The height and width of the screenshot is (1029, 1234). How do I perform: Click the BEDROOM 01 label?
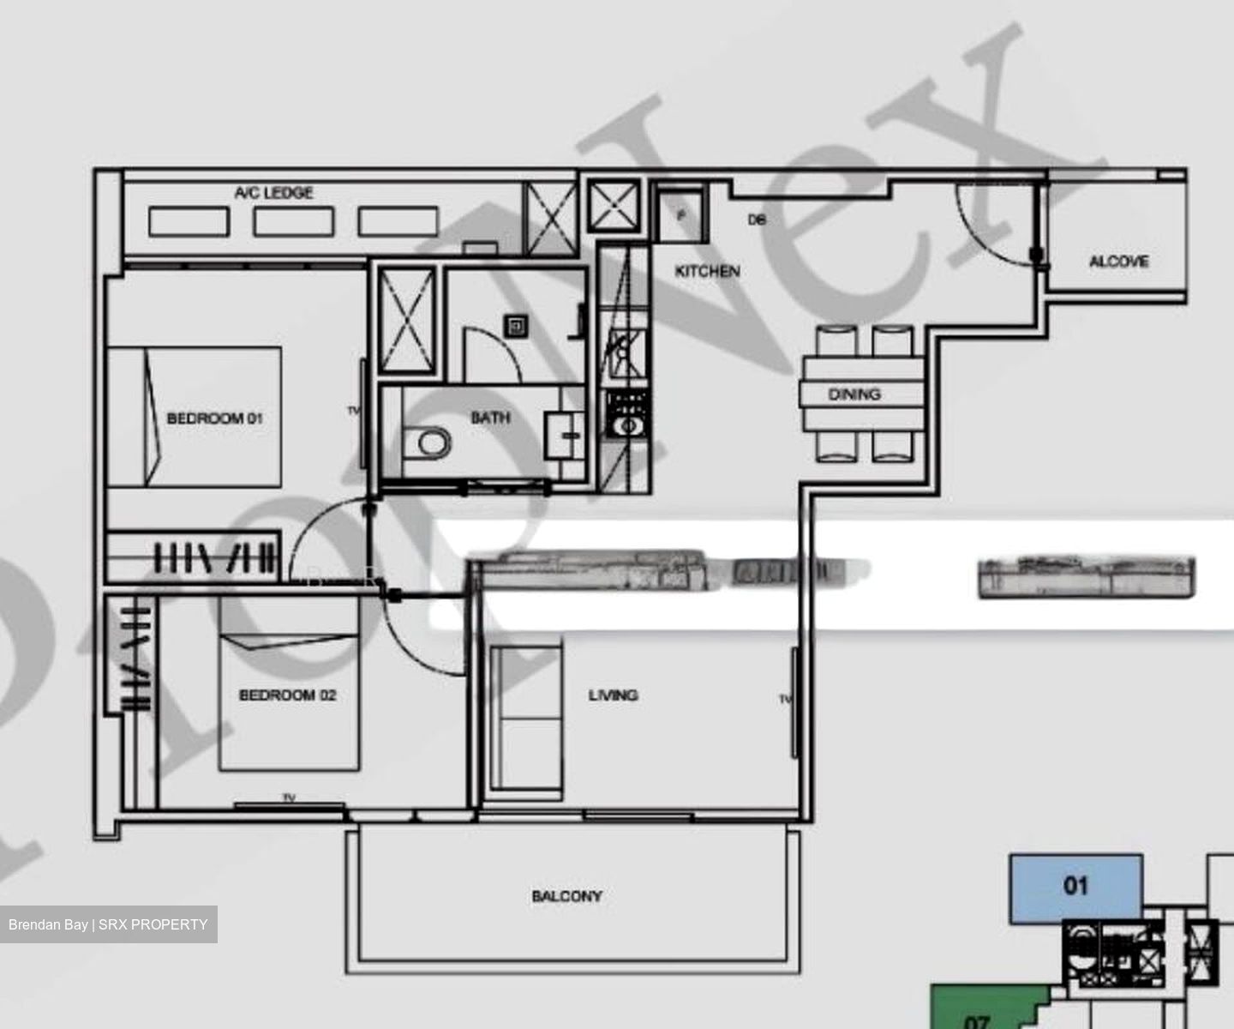(x=214, y=418)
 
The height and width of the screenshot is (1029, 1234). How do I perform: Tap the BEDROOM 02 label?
(x=287, y=695)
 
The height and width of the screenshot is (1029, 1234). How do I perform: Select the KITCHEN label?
(x=707, y=271)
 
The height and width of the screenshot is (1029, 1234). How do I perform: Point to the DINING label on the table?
(x=854, y=394)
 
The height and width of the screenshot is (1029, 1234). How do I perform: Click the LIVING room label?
(x=613, y=695)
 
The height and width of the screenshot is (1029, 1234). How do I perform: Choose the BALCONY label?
(x=566, y=896)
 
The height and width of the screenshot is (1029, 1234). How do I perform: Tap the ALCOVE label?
(x=1118, y=262)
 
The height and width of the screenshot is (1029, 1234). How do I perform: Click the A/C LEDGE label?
(x=273, y=193)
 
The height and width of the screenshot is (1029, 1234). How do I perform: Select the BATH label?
(x=490, y=418)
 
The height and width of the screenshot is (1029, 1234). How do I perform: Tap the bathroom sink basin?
(x=566, y=435)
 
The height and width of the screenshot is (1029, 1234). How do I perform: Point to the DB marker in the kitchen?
(x=756, y=220)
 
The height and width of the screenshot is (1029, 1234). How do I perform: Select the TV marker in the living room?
(x=785, y=699)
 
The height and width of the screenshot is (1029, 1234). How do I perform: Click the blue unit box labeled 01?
(x=1075, y=888)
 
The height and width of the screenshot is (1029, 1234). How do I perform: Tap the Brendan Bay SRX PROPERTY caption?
(x=108, y=924)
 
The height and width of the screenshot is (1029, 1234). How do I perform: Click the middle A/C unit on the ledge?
(x=293, y=221)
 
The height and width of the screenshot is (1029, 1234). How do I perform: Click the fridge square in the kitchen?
(x=681, y=215)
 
